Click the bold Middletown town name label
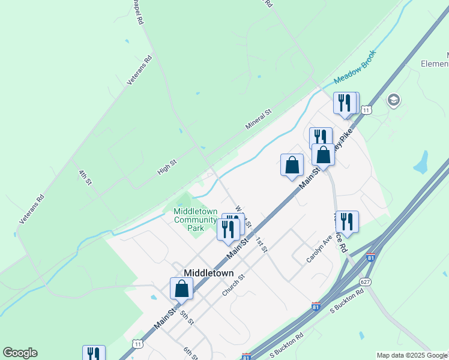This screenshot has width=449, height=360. click(208, 272)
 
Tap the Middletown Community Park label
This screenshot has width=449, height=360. click(195, 220)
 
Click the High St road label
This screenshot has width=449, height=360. click(167, 167)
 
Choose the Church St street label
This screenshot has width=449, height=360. click(234, 285)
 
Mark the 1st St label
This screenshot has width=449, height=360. click(261, 244)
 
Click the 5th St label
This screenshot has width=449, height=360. click(187, 317)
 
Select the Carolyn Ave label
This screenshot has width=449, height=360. click(319, 248)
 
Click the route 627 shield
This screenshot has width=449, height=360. click(365, 281)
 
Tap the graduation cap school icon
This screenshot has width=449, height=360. click(394, 100)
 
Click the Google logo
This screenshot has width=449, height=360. click(20, 353)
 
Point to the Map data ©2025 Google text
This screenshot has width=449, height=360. click(411, 355)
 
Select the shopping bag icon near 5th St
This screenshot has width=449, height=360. click(181, 289)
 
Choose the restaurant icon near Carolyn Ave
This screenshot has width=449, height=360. click(346, 221)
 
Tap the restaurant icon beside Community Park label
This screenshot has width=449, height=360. click(228, 229)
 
